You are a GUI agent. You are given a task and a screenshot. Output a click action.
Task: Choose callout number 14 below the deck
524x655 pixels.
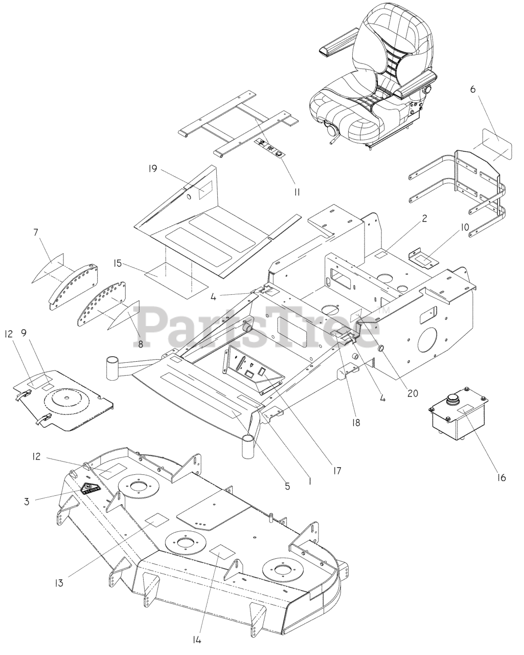click(x=201, y=639)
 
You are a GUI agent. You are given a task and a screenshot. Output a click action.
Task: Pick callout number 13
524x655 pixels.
click(x=60, y=582)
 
